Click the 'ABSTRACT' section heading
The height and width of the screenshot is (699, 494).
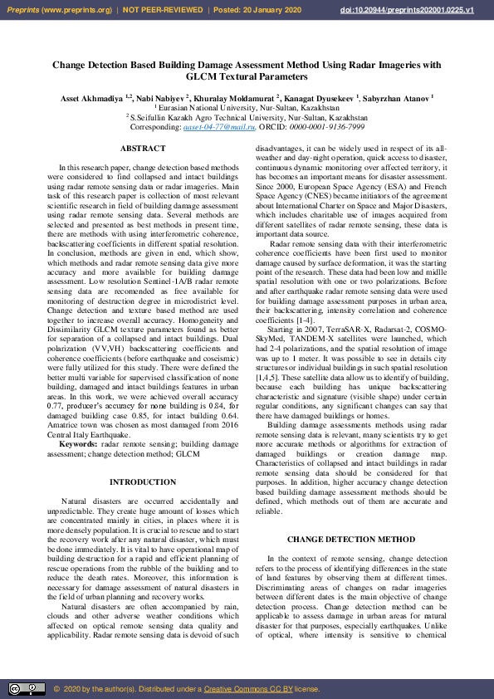(143, 148)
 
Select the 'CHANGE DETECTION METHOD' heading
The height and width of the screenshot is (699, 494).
(351, 540)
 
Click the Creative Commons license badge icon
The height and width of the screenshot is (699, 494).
(27, 688)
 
